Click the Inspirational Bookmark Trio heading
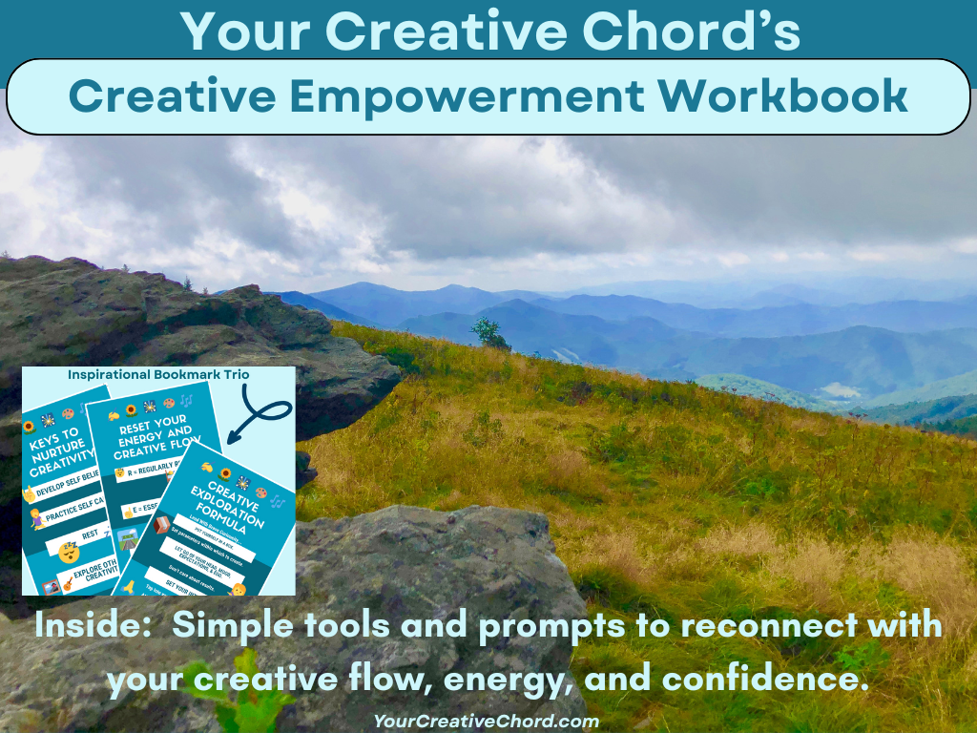158,374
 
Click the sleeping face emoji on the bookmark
69,551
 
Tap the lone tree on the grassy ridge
489,333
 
